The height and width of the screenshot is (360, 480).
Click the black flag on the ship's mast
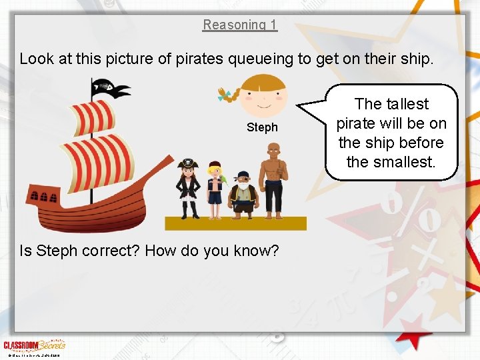tap(110, 87)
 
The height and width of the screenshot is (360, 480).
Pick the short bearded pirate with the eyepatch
tap(243, 193)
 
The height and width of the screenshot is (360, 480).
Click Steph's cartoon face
tap(263, 96)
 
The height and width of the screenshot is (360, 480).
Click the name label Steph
tap(262, 127)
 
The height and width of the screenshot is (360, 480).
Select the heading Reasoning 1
tap(240, 25)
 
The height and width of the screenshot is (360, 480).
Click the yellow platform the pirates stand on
tap(236, 223)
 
